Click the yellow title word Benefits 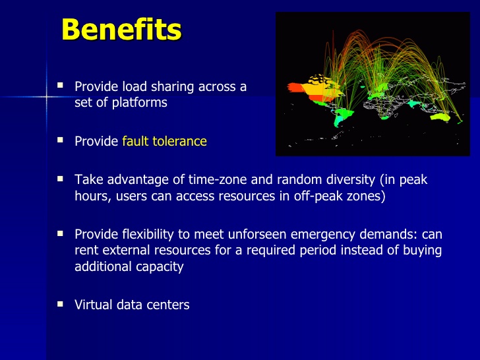pos(121,29)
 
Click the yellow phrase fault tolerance pos(164,141)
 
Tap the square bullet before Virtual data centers pos(60,304)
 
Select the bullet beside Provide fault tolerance pos(60,140)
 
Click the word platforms pos(139,103)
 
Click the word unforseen pos(257,234)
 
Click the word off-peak pos(318,196)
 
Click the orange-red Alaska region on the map pos(295,88)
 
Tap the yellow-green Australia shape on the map pos(440,117)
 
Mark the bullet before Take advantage pos(60,179)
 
